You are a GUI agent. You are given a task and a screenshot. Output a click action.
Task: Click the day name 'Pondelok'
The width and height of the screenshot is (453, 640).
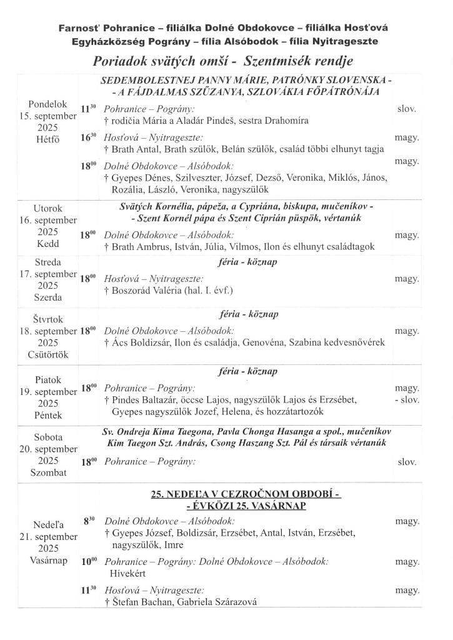click(x=47, y=103)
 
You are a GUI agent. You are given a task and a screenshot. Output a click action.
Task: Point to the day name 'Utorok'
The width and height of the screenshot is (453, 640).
click(x=48, y=208)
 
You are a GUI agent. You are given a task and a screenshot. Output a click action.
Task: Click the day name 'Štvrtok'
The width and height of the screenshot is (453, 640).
click(x=48, y=319)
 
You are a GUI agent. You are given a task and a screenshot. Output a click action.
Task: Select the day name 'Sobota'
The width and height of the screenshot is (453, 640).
click(x=48, y=437)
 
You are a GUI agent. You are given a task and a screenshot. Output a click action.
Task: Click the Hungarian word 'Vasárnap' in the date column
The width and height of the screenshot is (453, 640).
click(x=48, y=560)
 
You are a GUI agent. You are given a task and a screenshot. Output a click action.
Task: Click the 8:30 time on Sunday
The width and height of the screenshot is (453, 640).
click(x=87, y=521)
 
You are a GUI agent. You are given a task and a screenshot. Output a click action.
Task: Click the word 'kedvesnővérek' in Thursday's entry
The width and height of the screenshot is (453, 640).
click(x=354, y=342)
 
